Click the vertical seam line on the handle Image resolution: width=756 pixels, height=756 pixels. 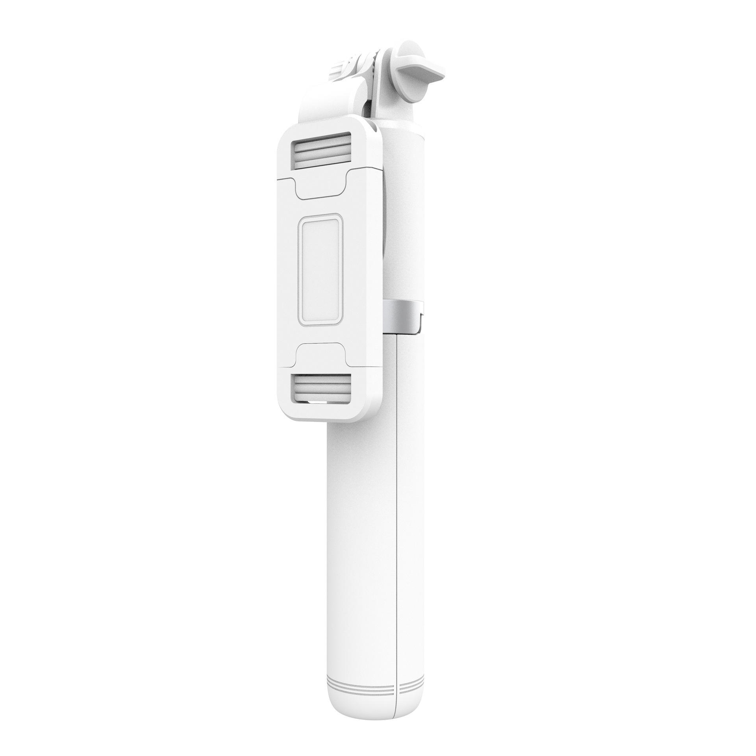(397, 512)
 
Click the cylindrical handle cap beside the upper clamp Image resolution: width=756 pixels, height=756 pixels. (402, 157)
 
